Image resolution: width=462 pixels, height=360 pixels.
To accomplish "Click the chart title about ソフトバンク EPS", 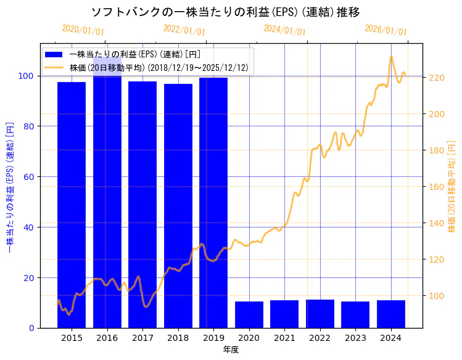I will (x=226, y=12).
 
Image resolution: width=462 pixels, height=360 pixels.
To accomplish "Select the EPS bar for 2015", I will (x=72, y=203).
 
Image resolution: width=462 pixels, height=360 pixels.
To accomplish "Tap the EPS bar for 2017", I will (x=142, y=203).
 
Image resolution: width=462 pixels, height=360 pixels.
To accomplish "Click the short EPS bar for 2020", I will (x=249, y=314).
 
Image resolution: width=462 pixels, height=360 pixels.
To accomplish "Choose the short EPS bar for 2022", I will (x=320, y=314).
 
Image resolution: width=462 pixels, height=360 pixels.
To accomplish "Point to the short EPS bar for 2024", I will (x=391, y=314).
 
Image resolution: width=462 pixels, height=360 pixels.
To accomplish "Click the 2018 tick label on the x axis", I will (x=178, y=338).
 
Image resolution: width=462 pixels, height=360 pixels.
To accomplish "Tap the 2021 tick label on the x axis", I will (x=284, y=338).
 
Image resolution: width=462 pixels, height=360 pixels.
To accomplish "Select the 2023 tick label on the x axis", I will (x=355, y=338).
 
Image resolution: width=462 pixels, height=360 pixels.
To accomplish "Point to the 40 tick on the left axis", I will (x=28, y=227).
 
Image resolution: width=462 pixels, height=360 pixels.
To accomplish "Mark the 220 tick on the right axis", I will (x=436, y=78).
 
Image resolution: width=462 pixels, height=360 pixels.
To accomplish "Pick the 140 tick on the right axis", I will (x=436, y=223).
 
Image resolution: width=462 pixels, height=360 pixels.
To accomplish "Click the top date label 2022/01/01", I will (x=184, y=30).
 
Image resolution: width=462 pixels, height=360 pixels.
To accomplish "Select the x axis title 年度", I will (x=231, y=350).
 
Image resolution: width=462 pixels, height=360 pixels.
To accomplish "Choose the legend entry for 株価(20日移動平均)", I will (x=159, y=68).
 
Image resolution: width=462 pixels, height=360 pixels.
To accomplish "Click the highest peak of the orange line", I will (x=391, y=57).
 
